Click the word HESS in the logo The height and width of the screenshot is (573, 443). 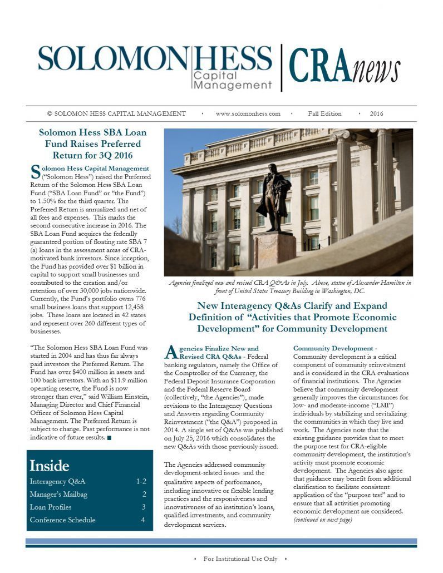coord(233,58)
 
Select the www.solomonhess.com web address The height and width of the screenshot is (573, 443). coord(248,113)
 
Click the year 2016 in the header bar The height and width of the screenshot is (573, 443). coord(376,113)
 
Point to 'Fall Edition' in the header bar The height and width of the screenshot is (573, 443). coord(325,113)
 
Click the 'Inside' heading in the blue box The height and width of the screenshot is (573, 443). coord(50,465)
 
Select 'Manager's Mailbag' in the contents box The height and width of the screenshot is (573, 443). coord(58,494)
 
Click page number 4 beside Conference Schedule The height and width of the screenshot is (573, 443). coord(143,520)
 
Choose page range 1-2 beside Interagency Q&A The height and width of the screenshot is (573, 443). coord(141,481)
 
